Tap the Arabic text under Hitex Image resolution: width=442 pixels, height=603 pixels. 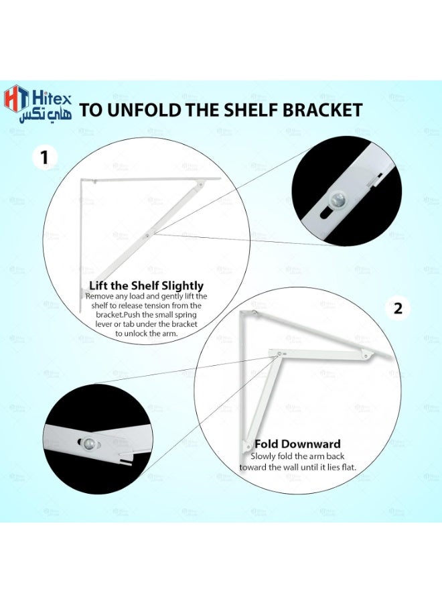[x=46, y=115]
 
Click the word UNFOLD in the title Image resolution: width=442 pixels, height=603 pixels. [x=143, y=110]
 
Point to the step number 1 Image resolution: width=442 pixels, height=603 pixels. [x=45, y=157]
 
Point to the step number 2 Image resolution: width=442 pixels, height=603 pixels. [x=398, y=308]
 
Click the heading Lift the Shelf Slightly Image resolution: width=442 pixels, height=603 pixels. [x=147, y=285]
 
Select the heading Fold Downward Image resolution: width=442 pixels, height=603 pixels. [x=297, y=444]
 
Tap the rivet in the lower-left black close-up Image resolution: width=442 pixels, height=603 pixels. [x=88, y=443]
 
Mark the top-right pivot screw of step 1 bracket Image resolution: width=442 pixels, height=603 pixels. [x=201, y=185]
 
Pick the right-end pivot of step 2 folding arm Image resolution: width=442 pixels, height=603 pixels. [x=368, y=356]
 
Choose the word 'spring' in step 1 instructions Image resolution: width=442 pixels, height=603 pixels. [x=184, y=315]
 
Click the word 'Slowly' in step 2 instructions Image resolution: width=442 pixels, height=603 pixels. [x=263, y=456]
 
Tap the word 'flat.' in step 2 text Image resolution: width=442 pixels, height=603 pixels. [x=348, y=467]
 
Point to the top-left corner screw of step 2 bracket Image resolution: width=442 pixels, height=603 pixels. [x=254, y=313]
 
